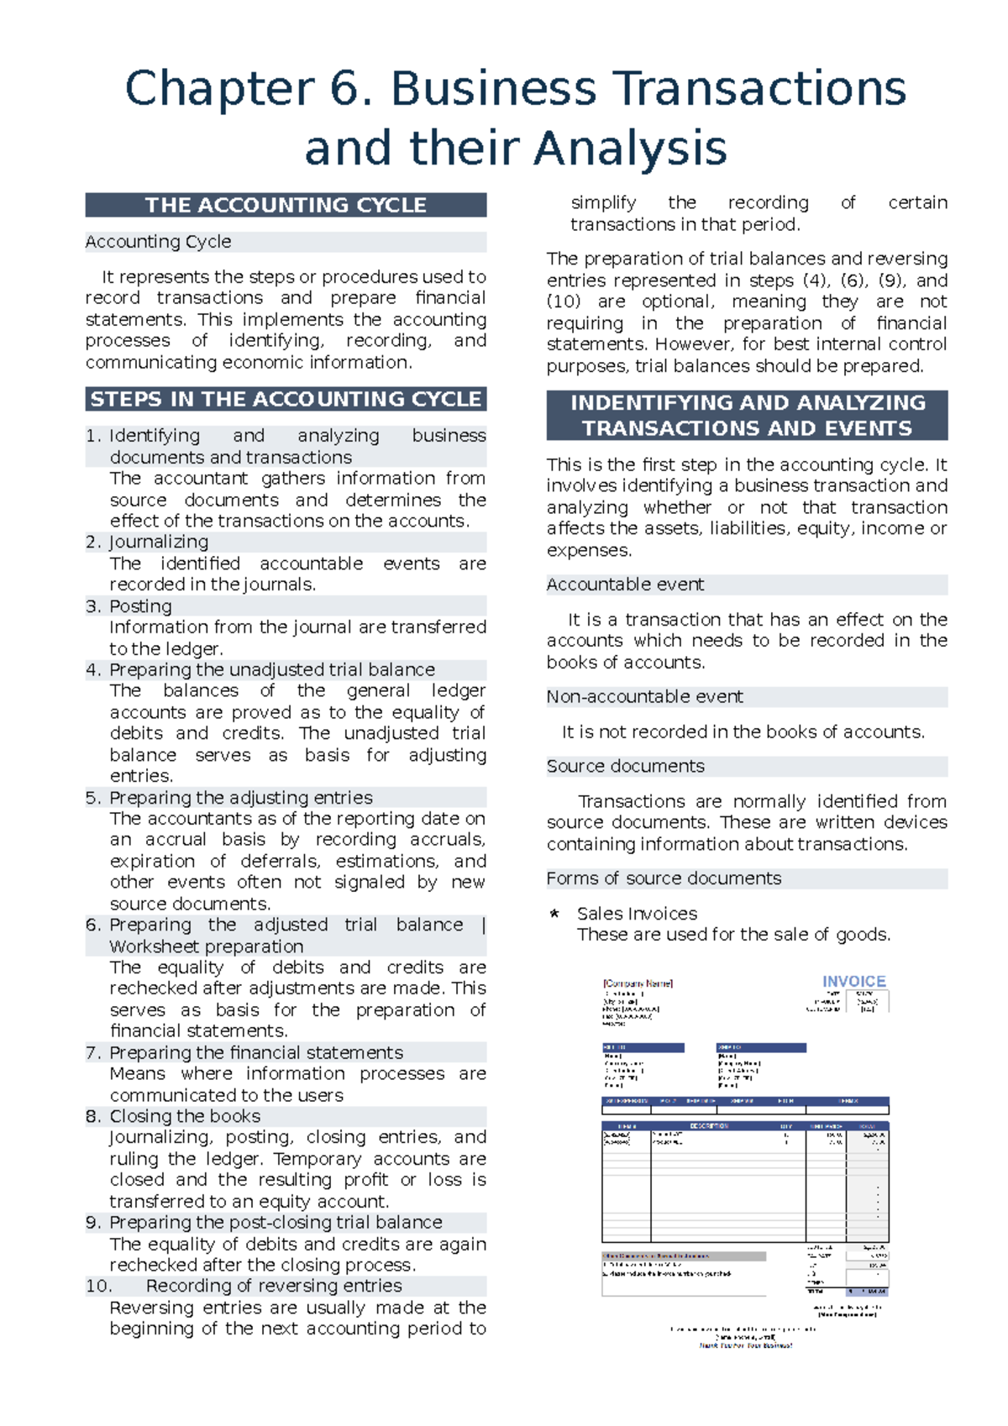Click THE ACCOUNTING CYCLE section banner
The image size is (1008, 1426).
(286, 206)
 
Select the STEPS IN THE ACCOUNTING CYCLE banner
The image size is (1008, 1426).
(286, 400)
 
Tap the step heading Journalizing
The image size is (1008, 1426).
(159, 543)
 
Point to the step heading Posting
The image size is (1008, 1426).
(140, 606)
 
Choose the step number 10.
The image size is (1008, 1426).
(98, 1287)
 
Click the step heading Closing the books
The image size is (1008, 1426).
(185, 1117)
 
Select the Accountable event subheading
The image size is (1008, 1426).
(625, 585)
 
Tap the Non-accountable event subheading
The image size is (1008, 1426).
(644, 697)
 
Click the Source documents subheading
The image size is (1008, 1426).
(625, 767)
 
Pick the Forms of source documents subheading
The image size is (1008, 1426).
(664, 878)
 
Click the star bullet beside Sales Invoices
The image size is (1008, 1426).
(554, 914)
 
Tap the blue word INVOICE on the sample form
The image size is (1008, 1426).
(853, 982)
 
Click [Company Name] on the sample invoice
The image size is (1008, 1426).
(638, 983)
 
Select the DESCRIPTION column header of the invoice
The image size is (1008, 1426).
(709, 1126)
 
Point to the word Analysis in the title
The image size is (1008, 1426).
(630, 149)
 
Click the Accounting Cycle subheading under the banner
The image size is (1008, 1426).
(158, 243)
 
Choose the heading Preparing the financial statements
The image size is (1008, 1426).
(256, 1053)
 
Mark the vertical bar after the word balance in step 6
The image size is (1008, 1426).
(484, 925)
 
